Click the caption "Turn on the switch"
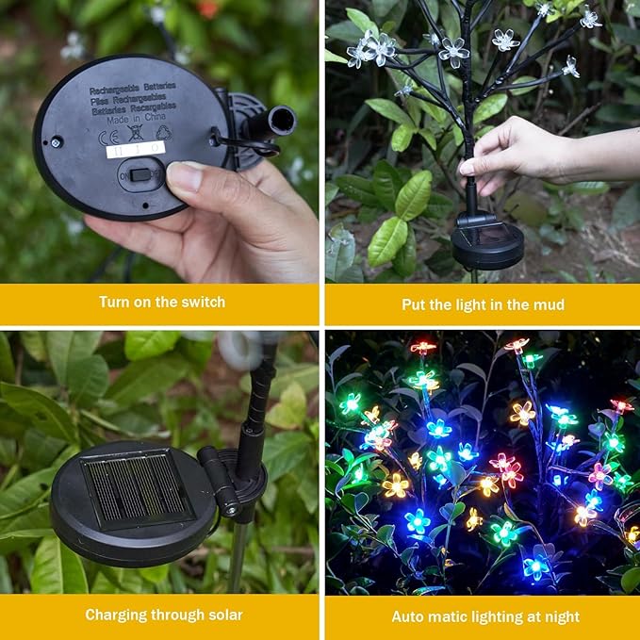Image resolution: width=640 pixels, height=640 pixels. (162, 303)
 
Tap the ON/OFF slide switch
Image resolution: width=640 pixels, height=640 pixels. (140, 174)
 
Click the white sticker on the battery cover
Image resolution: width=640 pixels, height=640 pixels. (135, 149)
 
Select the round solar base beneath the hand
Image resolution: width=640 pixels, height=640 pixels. (486, 247)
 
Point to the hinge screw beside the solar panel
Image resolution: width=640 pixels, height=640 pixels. (229, 509)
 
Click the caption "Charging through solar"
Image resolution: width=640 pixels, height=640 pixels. (163, 615)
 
